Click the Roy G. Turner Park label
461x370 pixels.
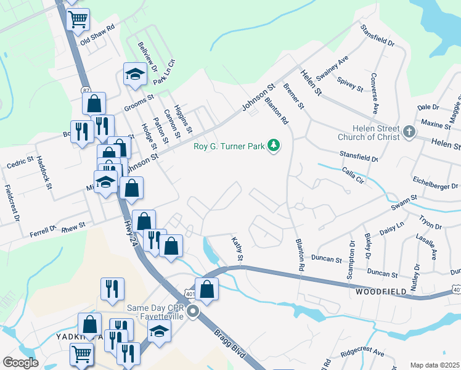(x=229, y=146)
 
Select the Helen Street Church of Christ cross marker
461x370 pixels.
(x=408, y=131)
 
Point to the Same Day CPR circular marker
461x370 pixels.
(x=194, y=311)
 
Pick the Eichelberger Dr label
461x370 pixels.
(x=436, y=185)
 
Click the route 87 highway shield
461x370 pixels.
(x=86, y=91)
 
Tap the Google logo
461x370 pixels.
(x=20, y=363)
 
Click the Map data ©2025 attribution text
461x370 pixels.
(x=434, y=365)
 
